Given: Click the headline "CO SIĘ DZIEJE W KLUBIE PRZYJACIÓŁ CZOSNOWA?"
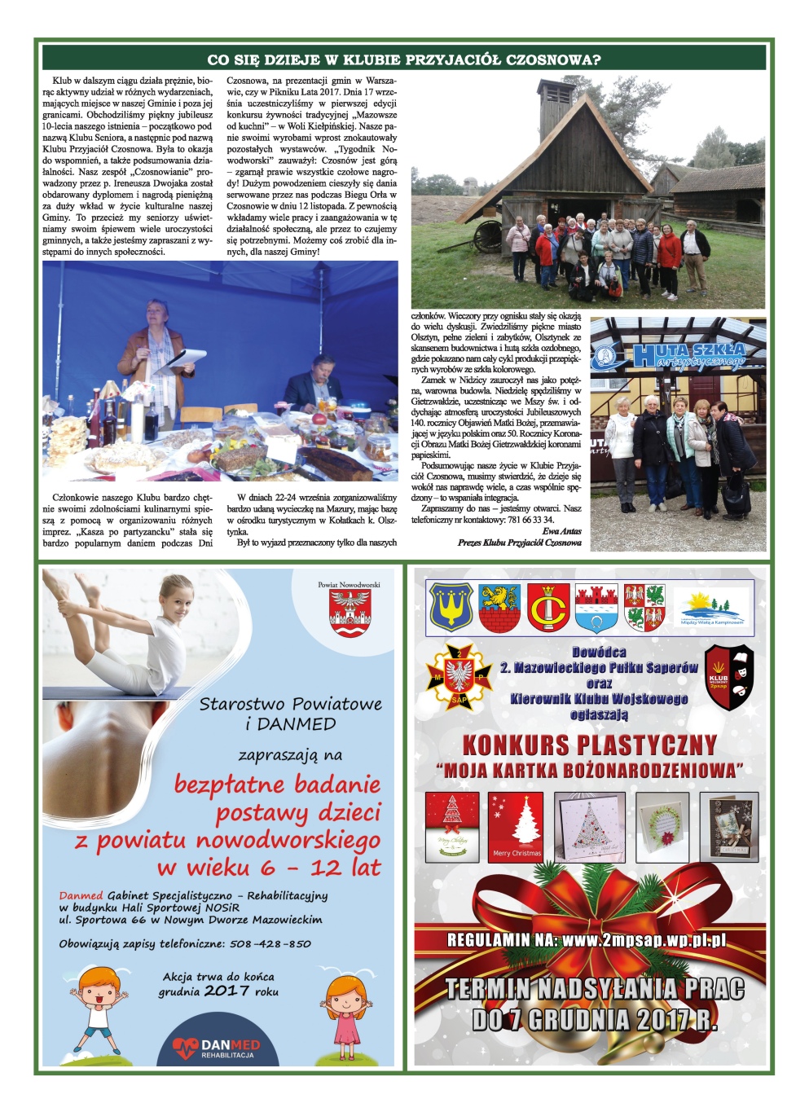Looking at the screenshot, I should coord(404,59).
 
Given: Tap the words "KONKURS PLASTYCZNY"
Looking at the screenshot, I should coord(589,745).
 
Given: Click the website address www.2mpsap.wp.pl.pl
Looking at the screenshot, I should coord(643,939).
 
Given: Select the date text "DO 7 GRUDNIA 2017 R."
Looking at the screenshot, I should coord(594,1019).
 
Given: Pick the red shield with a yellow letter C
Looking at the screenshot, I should coord(548,608).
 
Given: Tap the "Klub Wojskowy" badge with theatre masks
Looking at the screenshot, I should coord(728,677).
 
